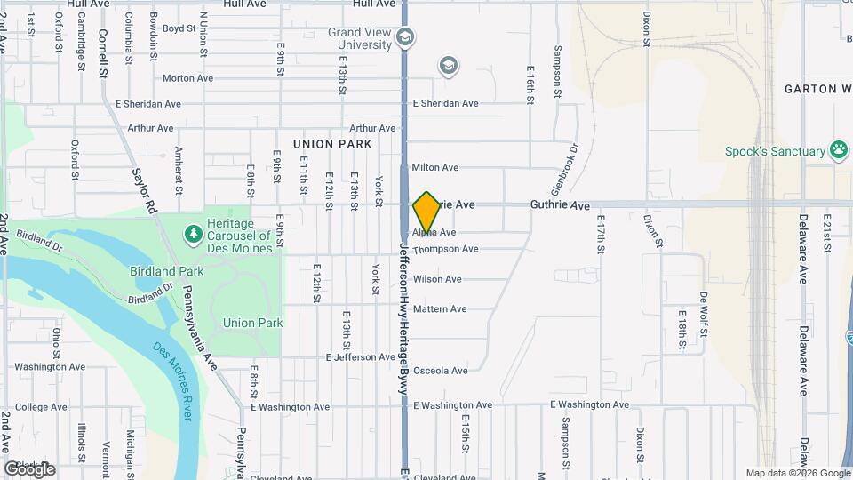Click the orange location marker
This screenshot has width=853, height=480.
(x=426, y=212)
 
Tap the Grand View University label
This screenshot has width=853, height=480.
(x=359, y=39)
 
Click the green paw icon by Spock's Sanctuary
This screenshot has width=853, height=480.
(x=838, y=150)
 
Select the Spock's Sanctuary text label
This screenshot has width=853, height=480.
(x=775, y=152)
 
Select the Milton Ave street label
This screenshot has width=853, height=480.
(x=435, y=167)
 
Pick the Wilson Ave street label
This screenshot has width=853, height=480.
(x=437, y=279)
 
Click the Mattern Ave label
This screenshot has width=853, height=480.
(x=440, y=309)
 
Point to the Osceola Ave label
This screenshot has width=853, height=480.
(x=440, y=371)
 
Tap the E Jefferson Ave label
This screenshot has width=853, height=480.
(x=360, y=357)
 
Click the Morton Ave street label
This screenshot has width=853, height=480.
(x=187, y=78)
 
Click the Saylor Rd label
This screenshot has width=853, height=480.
(x=143, y=190)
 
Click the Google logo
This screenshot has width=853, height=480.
(x=28, y=469)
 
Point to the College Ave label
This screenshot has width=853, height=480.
(x=41, y=407)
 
